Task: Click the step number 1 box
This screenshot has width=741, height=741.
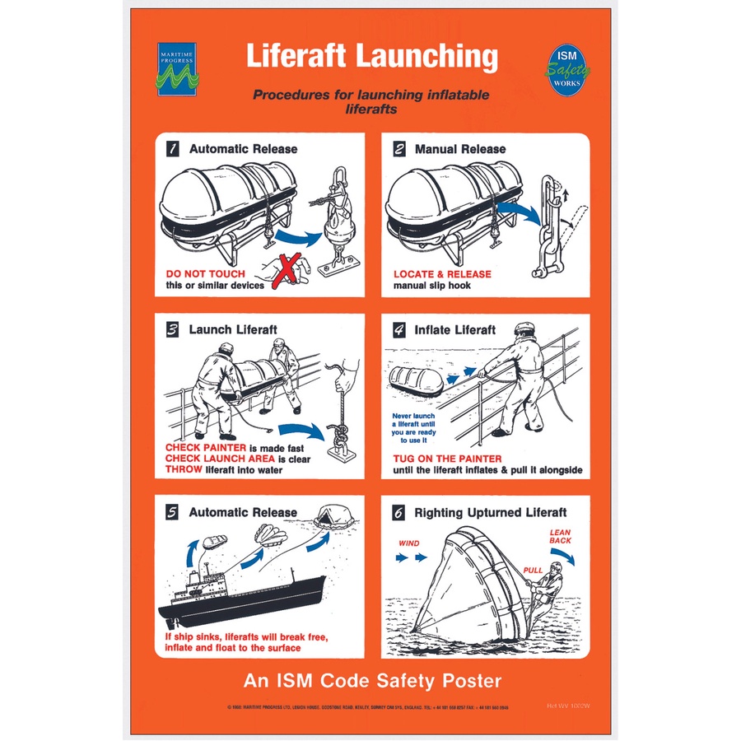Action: [173, 149]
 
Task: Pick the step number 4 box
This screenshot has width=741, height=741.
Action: [399, 329]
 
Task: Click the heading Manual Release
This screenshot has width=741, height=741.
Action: [460, 149]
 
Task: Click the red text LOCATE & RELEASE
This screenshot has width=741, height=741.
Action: [442, 273]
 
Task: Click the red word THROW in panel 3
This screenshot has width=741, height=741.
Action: [184, 470]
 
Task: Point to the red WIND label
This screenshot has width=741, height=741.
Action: [409, 544]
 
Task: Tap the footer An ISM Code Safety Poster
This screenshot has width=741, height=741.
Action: [372, 681]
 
